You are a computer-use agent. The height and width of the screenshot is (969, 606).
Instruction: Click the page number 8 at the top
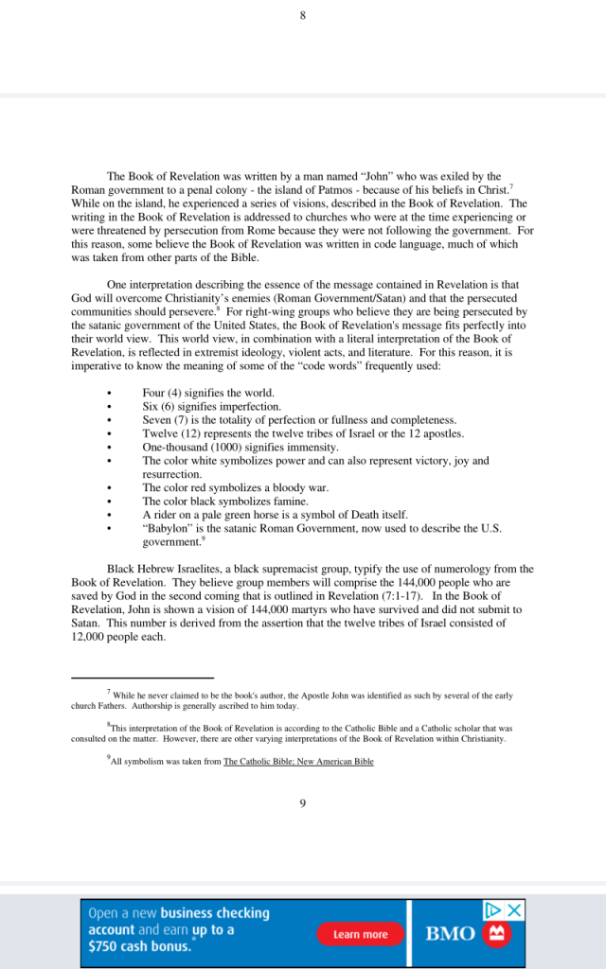point(302,15)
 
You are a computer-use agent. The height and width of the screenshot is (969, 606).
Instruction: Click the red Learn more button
point(360,934)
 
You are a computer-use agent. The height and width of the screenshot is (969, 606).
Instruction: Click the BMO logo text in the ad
point(450,934)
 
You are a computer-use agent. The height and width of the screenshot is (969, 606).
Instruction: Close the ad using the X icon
point(514,910)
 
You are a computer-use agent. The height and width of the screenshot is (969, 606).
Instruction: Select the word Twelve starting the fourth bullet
point(160,433)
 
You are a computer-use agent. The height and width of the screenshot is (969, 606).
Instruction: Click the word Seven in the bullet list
point(157,420)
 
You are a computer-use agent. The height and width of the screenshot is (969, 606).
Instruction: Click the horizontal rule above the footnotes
point(142,678)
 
